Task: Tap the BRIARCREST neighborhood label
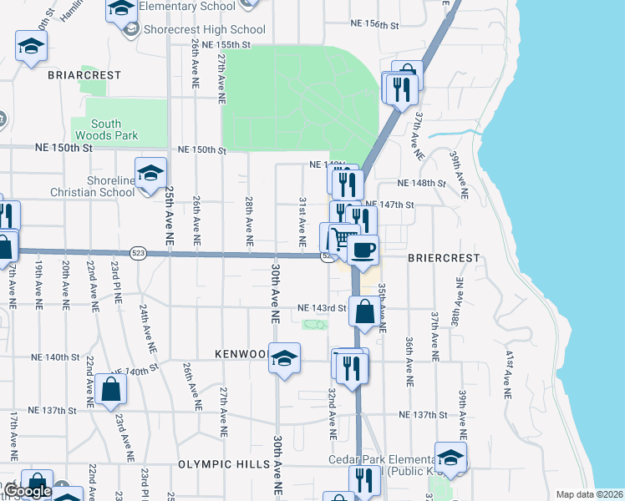(x=84, y=75)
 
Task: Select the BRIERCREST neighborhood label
(x=444, y=258)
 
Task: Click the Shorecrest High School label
(x=204, y=29)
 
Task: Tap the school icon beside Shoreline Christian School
(x=150, y=174)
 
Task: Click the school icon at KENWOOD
(x=285, y=359)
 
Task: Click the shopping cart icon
(x=340, y=239)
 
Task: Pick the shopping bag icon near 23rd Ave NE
(x=111, y=390)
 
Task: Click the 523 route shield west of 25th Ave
(x=140, y=252)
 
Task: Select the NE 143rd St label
(x=322, y=309)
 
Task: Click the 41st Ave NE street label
(x=507, y=372)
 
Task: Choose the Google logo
(x=27, y=491)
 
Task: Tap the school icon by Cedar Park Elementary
(x=450, y=458)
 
